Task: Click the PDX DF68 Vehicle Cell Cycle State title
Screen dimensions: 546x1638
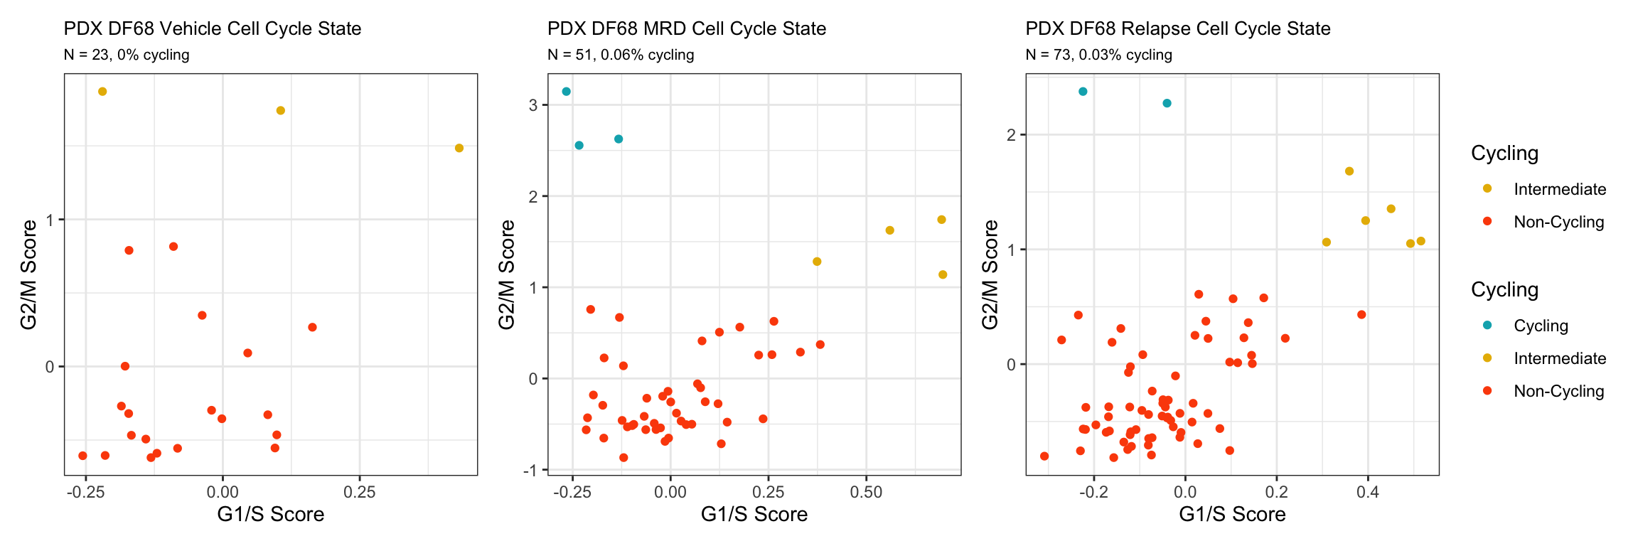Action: [213, 28]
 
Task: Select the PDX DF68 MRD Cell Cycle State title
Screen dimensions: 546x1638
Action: [687, 28]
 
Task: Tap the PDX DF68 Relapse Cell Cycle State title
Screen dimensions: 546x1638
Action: [1178, 28]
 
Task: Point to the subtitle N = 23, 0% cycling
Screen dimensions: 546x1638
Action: [127, 55]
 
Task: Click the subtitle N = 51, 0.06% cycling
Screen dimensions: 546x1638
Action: [621, 55]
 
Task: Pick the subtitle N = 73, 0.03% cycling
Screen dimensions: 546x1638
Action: [1099, 55]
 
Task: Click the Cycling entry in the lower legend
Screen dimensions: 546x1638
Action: [1541, 326]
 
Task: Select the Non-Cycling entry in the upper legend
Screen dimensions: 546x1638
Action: [1558, 222]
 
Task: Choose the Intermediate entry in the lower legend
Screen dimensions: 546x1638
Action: [1560, 358]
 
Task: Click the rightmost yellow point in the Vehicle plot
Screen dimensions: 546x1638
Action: [459, 148]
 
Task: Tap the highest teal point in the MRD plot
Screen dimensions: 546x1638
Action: [566, 92]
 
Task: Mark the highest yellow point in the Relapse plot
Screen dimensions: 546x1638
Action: [1349, 171]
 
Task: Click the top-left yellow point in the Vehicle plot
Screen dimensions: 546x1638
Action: [102, 92]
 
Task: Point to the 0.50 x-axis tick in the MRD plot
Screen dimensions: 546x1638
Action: [866, 492]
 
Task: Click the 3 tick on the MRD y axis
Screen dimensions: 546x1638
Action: [533, 105]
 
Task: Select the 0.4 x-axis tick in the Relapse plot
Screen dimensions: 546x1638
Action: [1368, 492]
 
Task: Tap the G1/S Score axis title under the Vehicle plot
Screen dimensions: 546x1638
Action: [270, 514]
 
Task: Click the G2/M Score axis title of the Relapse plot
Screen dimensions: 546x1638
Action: [990, 274]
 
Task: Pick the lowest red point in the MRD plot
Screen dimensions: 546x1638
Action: [623, 458]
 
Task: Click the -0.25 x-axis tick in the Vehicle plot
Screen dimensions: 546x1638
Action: [85, 492]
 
